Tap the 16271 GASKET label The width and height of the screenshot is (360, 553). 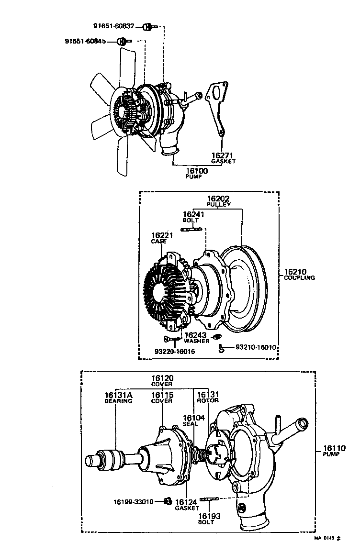(x=223, y=158)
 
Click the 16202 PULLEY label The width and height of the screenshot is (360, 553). (x=219, y=201)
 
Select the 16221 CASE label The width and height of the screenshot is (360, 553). (x=159, y=238)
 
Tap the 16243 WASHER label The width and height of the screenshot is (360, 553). (x=197, y=338)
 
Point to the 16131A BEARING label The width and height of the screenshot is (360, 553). (x=118, y=398)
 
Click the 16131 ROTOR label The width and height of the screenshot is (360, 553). (x=208, y=397)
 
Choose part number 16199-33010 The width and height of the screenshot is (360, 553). (x=133, y=502)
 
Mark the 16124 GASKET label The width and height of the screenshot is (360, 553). (x=187, y=505)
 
